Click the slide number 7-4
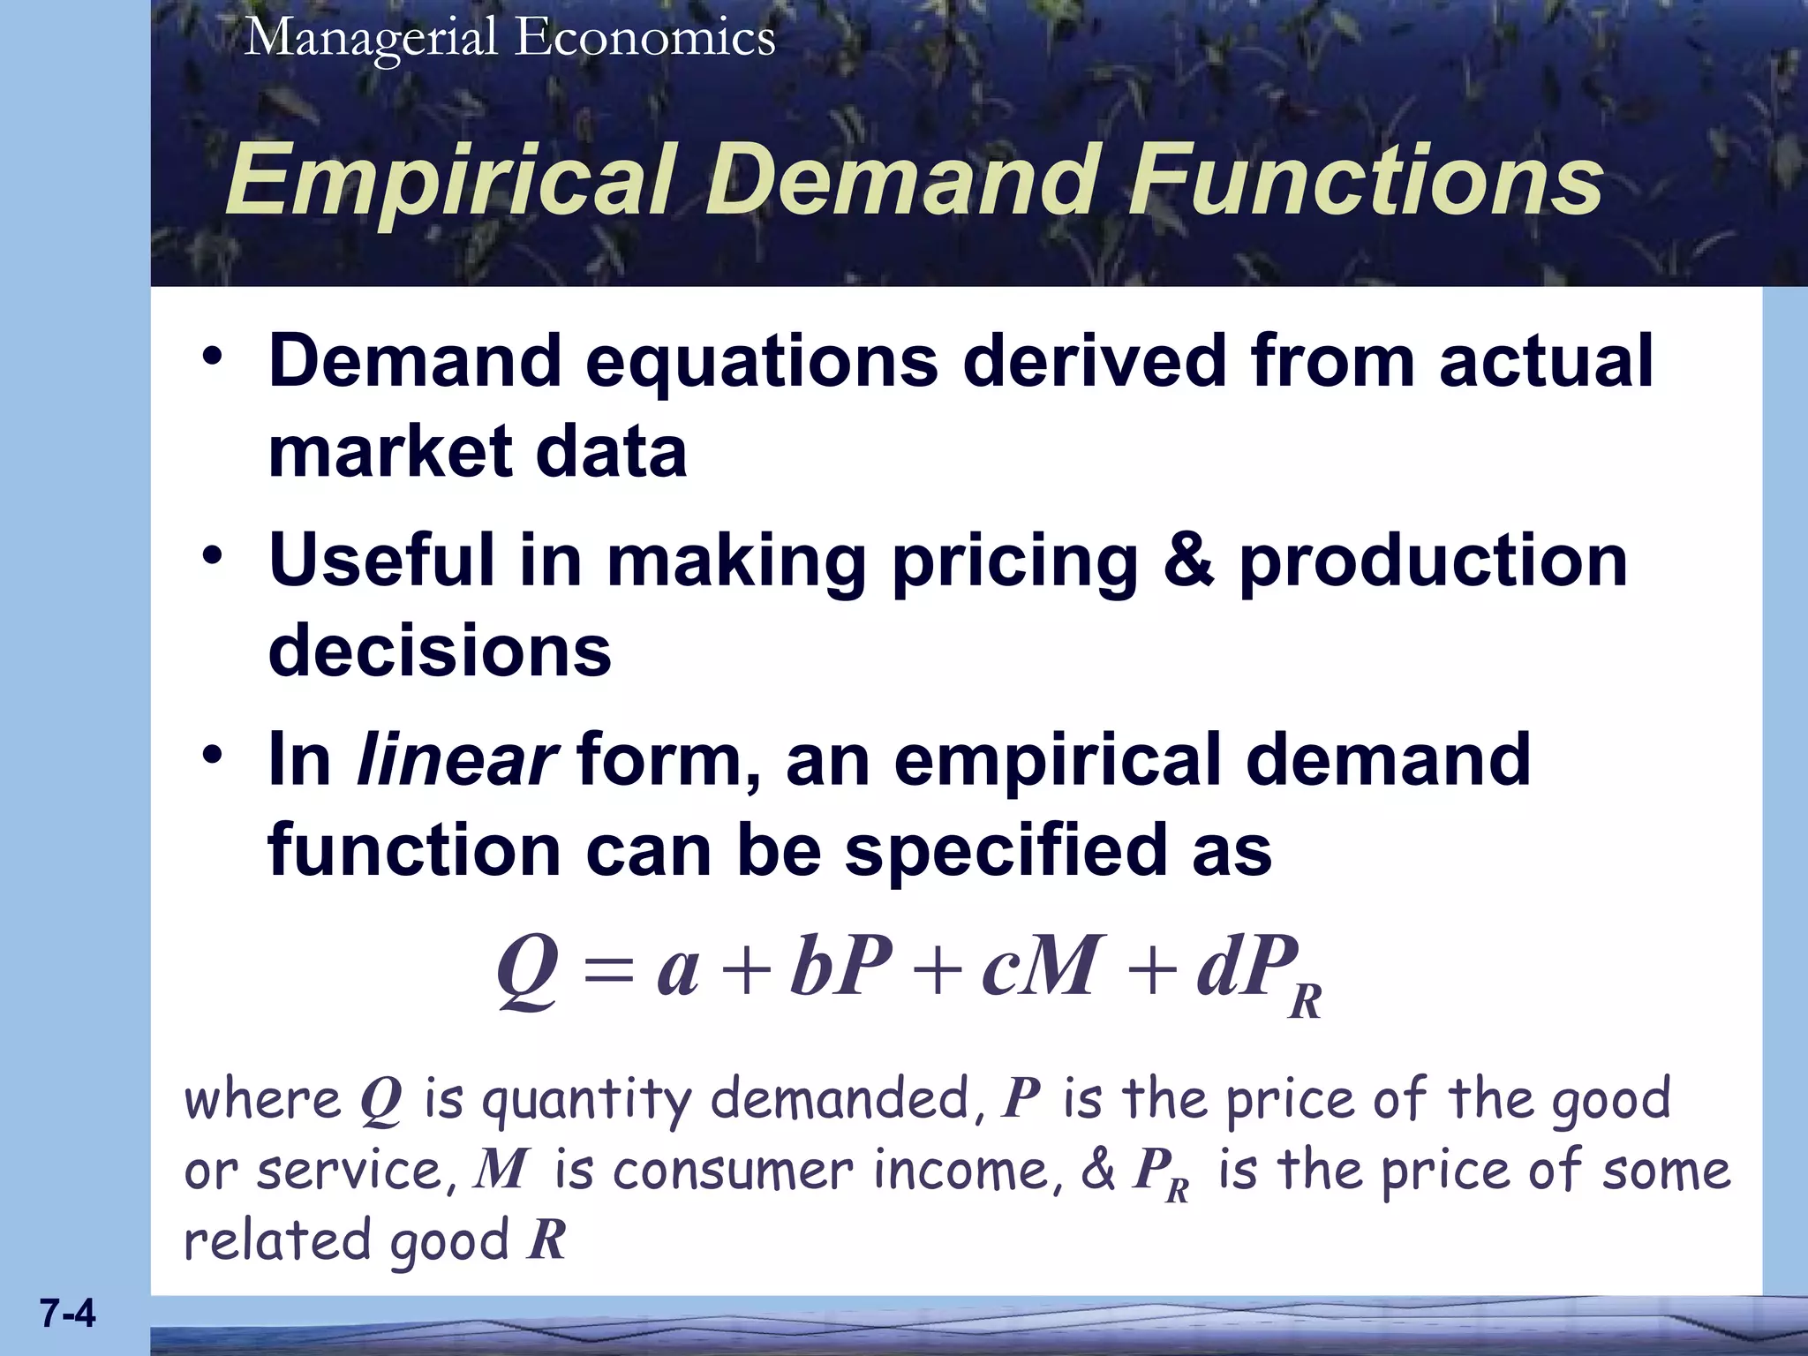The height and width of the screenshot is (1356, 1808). pos(67,1314)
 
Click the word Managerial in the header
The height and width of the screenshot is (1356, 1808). pos(371,39)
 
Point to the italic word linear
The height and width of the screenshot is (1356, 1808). pos(456,760)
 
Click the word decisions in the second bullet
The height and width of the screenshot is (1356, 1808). pos(439,651)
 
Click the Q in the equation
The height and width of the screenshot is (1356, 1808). pos(527,968)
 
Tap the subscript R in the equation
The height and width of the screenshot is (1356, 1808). pos(1305,1003)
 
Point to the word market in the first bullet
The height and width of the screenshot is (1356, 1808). pos(389,452)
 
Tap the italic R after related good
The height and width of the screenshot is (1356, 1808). pos(546,1239)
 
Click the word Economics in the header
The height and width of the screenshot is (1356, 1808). pos(645,39)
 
